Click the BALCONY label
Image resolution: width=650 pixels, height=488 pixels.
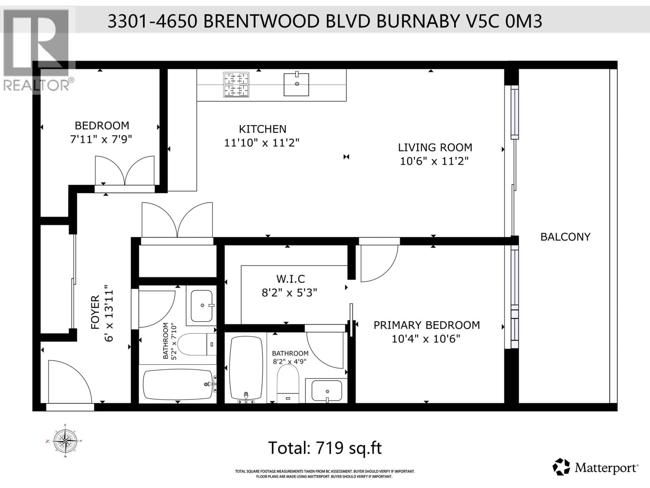tap(565, 237)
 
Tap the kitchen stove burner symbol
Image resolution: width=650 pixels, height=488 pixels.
tap(236, 85)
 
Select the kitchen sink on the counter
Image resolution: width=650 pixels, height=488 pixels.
tap(296, 84)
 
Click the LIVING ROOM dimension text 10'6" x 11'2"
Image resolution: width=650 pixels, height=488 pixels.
tap(434, 161)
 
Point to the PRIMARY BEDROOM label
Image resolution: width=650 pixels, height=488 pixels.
tap(427, 325)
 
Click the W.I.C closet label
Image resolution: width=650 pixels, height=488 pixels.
tap(290, 279)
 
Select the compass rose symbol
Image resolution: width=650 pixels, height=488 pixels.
tap(65, 440)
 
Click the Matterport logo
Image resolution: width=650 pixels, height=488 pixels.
tap(596, 467)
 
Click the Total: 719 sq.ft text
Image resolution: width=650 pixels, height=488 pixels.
tap(325, 448)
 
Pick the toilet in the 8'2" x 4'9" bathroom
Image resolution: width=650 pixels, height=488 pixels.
tap(288, 383)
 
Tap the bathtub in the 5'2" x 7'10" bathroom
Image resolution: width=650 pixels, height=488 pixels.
tap(178, 384)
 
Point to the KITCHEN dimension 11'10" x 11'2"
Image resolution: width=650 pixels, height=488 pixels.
tap(262, 143)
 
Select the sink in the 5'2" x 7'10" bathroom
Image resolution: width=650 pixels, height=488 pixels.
tap(202, 305)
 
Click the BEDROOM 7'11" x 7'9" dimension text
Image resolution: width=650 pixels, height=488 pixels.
tap(101, 139)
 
